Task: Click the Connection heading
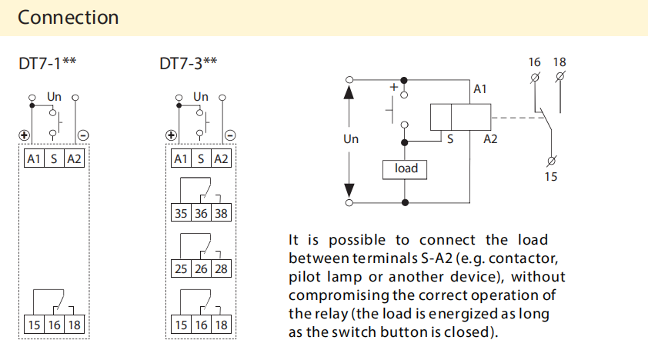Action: [x=68, y=17]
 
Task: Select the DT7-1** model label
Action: [x=47, y=63]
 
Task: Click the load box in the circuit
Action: [x=406, y=168]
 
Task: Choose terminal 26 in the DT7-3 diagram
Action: [x=201, y=269]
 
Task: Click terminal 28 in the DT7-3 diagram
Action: [x=221, y=269]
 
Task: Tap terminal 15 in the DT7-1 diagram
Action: [x=34, y=324]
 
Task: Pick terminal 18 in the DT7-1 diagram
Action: [x=74, y=324]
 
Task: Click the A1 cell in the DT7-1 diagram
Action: [x=34, y=158]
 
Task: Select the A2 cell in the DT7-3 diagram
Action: [x=221, y=158]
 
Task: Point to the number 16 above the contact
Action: [x=535, y=62]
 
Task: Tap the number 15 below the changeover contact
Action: [x=551, y=177]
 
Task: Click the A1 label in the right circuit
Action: [x=480, y=89]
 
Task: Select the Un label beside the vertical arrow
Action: [x=351, y=139]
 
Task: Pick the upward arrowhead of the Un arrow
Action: [x=350, y=93]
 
